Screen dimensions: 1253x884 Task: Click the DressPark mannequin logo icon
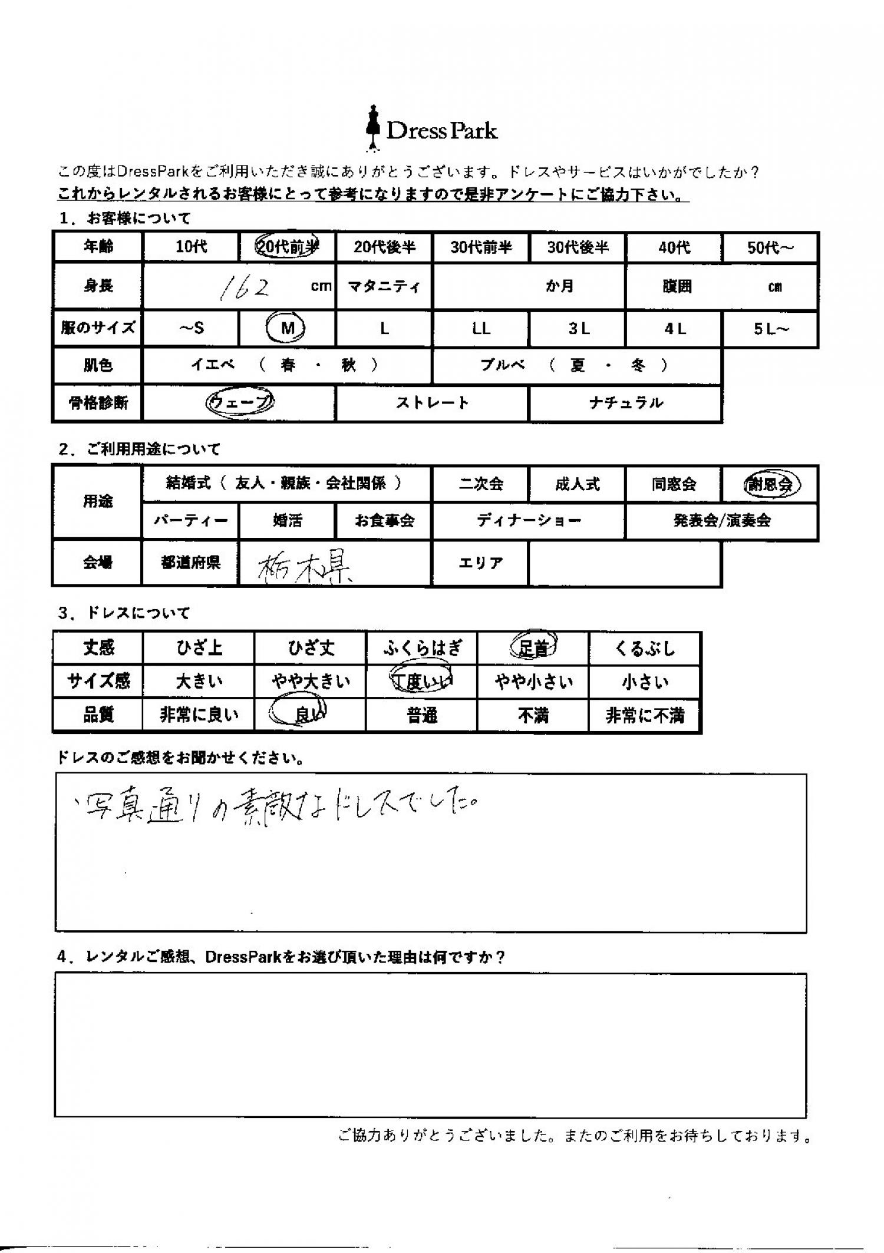click(371, 127)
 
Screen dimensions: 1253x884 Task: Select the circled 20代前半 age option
click(287, 247)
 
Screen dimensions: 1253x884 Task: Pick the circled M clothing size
click(287, 328)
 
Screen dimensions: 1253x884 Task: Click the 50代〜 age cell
click(770, 247)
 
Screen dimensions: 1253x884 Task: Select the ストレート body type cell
click(432, 403)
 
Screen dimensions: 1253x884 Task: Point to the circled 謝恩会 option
click(770, 484)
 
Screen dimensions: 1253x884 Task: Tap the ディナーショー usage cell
click(529, 521)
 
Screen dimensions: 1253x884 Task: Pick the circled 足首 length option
click(533, 648)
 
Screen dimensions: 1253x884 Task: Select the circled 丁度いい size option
click(422, 682)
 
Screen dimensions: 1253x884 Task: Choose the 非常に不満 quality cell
click(645, 715)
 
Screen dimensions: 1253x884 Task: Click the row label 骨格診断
click(98, 404)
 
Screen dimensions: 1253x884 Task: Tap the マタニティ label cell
click(384, 287)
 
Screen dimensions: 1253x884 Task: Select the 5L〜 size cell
click(770, 329)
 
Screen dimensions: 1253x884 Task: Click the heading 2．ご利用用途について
click(139, 449)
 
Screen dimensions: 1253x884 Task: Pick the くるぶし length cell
click(645, 648)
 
